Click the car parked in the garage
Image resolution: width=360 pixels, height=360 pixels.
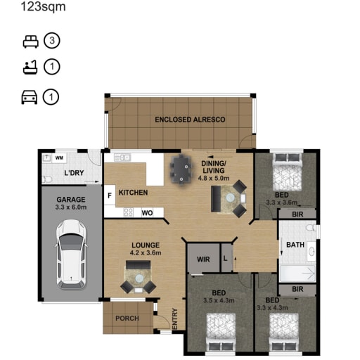coord(71,254)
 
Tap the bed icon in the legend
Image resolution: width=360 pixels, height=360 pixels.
coord(31,41)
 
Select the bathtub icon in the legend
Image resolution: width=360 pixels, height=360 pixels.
coord(30,67)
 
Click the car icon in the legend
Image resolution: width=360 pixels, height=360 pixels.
coord(30,97)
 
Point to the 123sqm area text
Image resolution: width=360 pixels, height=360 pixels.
coord(43,6)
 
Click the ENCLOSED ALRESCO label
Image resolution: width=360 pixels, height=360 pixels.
coord(190,120)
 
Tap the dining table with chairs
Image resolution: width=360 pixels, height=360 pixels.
coord(181,169)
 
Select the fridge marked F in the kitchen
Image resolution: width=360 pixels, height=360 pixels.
coord(110,195)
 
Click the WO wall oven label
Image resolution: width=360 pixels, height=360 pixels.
coord(147,213)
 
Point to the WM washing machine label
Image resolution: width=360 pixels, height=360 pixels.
coord(59,158)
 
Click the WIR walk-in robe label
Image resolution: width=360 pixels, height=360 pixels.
coord(203,259)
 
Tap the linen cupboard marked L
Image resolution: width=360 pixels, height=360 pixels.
coord(226,258)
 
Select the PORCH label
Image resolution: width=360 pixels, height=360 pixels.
coord(127,319)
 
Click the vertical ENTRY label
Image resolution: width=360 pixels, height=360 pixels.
coord(175,319)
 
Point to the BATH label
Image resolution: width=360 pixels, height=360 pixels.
coord(295,245)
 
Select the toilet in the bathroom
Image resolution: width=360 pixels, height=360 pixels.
coord(311,228)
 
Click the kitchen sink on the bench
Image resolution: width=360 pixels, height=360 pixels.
coord(122,157)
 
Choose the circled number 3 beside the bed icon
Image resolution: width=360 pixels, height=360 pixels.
coord(52,41)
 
